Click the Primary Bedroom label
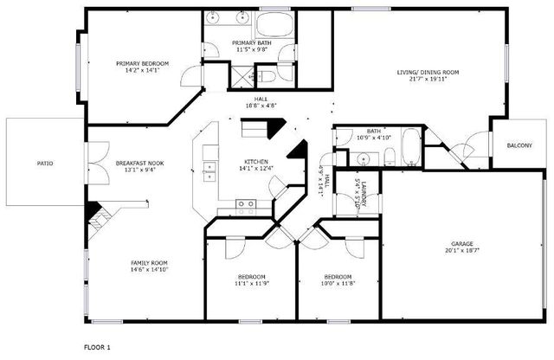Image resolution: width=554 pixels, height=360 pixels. (x=143, y=63)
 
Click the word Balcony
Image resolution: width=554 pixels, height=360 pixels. (x=519, y=145)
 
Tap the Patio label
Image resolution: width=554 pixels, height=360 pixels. (x=44, y=162)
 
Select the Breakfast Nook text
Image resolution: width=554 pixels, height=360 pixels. (x=139, y=163)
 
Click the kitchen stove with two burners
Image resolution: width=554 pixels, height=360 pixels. (x=246, y=205)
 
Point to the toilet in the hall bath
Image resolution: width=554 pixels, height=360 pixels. (x=389, y=157)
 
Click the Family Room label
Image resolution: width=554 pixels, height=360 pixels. (x=149, y=262)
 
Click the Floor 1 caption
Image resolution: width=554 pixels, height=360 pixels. (x=97, y=346)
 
